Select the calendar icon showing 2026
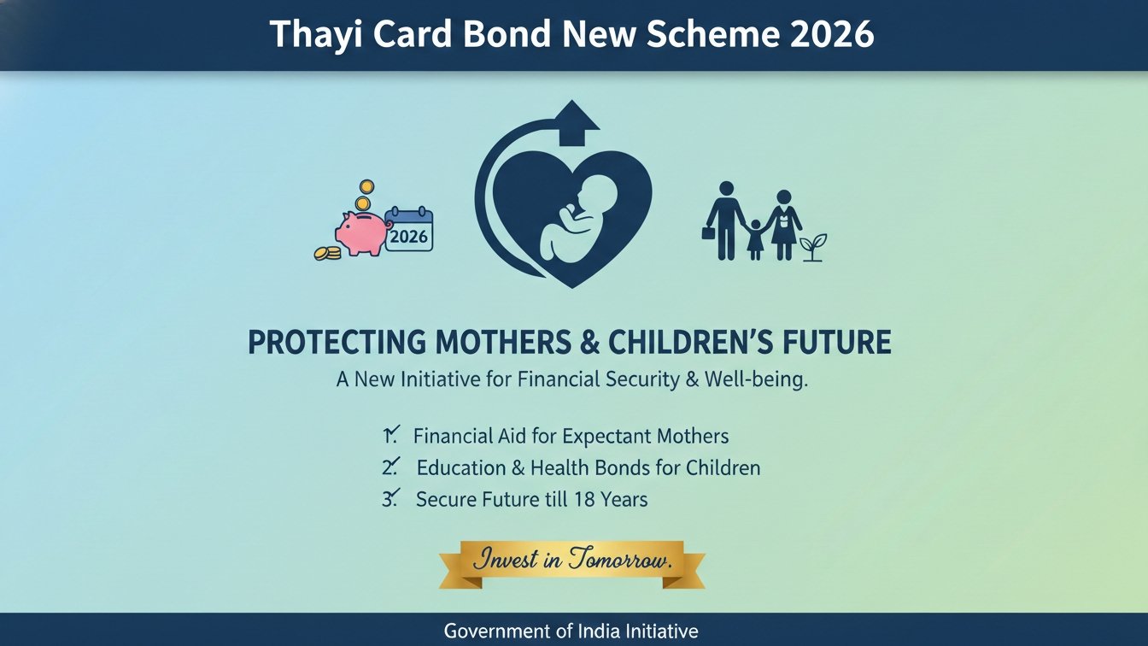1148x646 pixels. click(x=409, y=229)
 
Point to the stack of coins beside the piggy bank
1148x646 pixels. click(x=327, y=253)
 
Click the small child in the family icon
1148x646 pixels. click(x=754, y=239)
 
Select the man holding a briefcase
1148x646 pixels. click(x=723, y=220)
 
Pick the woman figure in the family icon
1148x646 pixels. click(x=783, y=225)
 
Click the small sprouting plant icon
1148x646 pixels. click(x=813, y=248)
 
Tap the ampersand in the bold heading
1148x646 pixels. click(x=590, y=342)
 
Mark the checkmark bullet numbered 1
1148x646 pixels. click(x=391, y=435)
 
